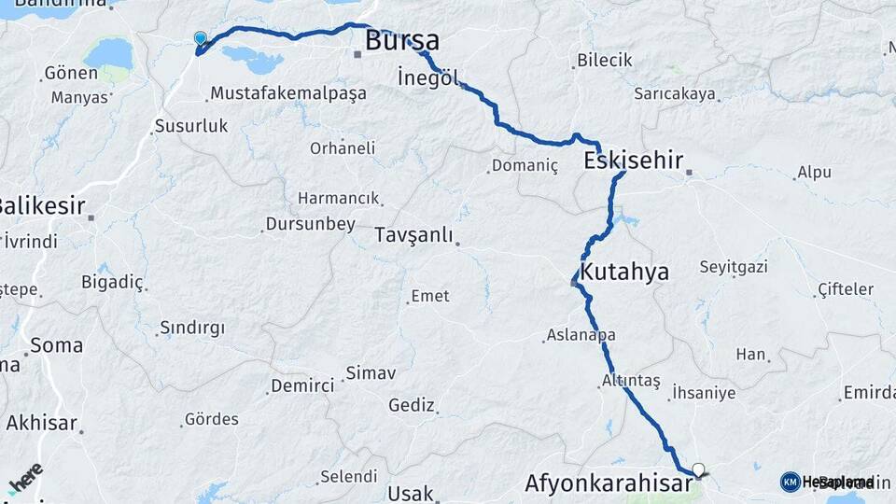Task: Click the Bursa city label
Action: click(402, 41)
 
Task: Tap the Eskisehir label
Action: click(633, 160)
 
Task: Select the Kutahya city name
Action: click(624, 273)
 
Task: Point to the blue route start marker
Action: click(200, 38)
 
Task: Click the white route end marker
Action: click(698, 469)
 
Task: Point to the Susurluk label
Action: click(190, 126)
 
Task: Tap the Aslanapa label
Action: click(581, 335)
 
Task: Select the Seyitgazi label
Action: click(734, 268)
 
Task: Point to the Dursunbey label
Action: click(310, 224)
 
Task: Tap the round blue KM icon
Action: click(790, 482)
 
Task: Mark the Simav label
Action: click(371, 373)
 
